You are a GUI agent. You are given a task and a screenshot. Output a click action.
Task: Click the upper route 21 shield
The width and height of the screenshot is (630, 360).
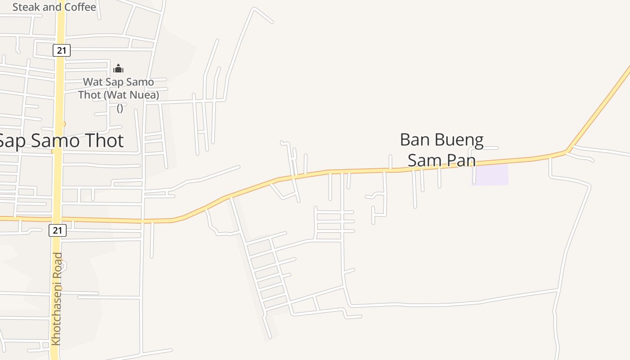click(62, 50)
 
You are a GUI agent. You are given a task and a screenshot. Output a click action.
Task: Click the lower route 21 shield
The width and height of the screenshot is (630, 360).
click(57, 230)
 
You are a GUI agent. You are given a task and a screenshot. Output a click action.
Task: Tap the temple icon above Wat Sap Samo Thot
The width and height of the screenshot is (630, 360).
click(118, 69)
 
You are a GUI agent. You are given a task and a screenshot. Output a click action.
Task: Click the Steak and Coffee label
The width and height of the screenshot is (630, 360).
click(54, 7)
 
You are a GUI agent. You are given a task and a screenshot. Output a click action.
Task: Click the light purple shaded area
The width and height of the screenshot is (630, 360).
click(490, 175)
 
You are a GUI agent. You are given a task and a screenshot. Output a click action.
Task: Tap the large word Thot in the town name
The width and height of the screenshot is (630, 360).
click(103, 141)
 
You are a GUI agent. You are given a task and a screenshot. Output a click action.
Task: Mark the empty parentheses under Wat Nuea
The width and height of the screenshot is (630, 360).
click(120, 108)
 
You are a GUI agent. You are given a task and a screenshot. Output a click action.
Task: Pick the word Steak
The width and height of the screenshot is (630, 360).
click(26, 7)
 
